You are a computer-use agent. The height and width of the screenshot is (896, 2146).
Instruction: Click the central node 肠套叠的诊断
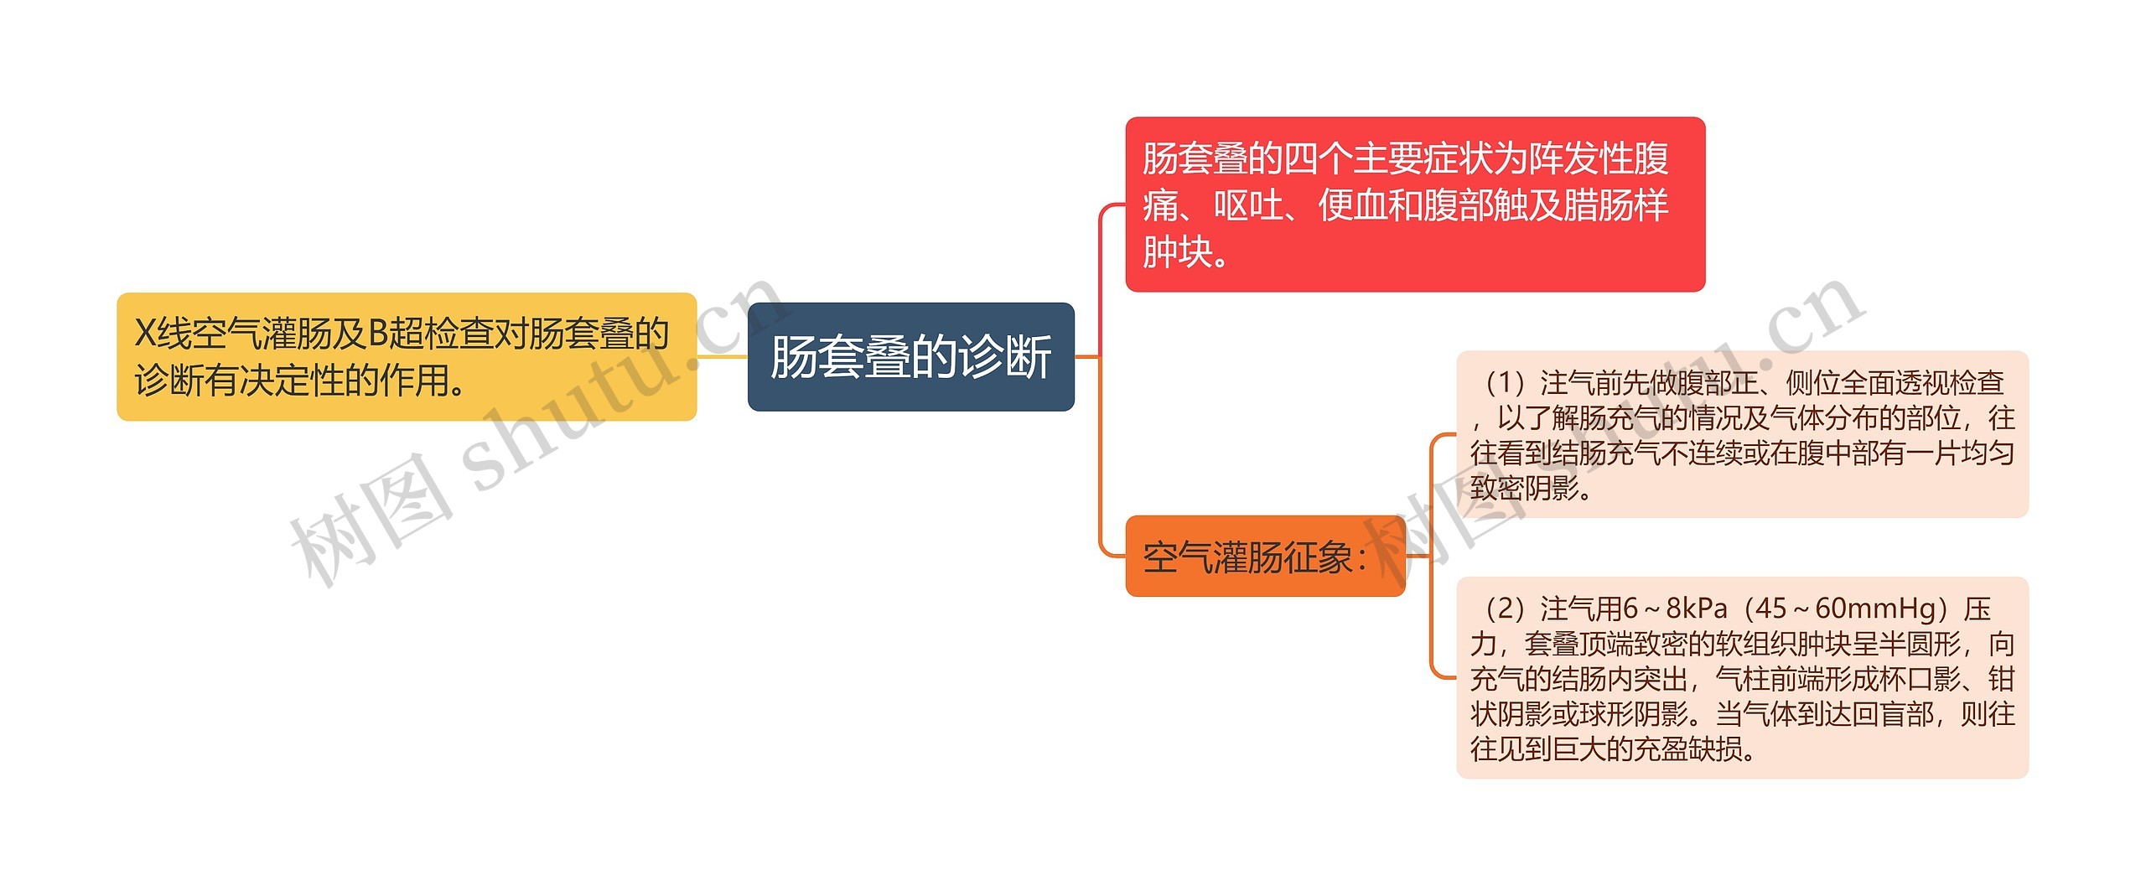pyautogui.click(x=910, y=357)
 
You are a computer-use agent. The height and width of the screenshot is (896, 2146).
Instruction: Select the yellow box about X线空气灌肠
pyautogui.click(x=407, y=357)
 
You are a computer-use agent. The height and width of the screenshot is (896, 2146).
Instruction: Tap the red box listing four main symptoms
pyautogui.click(x=1414, y=205)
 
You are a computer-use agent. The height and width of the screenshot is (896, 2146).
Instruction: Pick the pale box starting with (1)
pyautogui.click(x=1742, y=434)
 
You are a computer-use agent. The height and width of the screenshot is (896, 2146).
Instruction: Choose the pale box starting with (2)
pyautogui.click(x=1742, y=677)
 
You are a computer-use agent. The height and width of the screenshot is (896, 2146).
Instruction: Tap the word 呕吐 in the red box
pyautogui.click(x=1248, y=205)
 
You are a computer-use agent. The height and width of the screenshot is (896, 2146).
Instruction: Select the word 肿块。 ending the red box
pyautogui.click(x=1186, y=252)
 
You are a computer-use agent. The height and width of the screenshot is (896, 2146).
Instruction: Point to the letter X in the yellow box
pyautogui.click(x=145, y=334)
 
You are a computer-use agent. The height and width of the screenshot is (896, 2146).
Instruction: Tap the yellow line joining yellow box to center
pyautogui.click(x=722, y=357)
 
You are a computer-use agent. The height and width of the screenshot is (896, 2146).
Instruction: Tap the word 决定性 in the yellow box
pyautogui.click(x=293, y=381)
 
